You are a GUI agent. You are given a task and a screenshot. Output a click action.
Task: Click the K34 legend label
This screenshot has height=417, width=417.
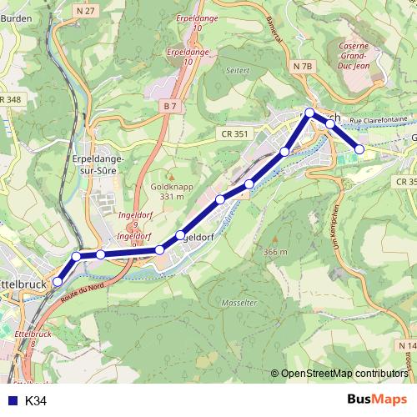coord(36,401)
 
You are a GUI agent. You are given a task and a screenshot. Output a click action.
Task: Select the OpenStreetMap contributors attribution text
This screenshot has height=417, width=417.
coord(344,374)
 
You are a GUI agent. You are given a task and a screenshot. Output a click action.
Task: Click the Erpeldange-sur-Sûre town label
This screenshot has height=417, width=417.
coord(98,163)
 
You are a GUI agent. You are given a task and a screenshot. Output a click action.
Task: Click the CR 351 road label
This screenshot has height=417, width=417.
coord(236,133)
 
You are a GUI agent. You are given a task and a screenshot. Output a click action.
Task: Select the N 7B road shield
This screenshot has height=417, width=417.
coord(302,65)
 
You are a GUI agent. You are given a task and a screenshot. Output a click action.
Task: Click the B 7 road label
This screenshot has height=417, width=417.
coord(169,106)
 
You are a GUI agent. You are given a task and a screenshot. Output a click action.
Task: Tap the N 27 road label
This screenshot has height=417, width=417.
coord(85,11)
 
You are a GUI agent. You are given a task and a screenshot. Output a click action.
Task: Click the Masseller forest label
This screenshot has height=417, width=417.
coord(240,302)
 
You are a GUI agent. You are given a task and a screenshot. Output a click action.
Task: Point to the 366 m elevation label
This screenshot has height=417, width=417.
coord(274,252)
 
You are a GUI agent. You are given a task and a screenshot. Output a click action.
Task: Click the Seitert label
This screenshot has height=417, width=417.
coord(238,71)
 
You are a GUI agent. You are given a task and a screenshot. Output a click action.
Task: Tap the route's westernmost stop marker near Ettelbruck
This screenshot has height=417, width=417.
coord(58,282)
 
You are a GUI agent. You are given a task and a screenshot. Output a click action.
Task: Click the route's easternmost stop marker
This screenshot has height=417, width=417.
coord(359,149)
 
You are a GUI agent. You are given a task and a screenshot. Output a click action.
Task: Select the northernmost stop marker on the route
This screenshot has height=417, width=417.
coord(309,113)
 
